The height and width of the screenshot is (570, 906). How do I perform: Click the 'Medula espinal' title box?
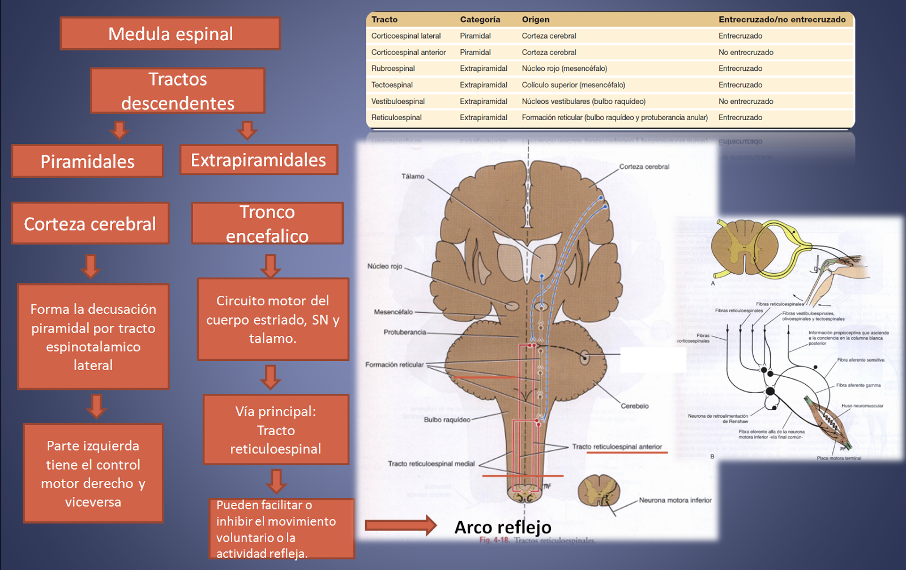point(170,34)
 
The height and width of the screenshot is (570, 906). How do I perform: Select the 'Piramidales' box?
point(87,161)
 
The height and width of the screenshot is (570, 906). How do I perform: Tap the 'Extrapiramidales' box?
point(258,160)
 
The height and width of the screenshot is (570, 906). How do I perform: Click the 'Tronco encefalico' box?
point(267,224)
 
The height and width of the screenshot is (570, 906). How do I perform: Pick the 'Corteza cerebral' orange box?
point(90,224)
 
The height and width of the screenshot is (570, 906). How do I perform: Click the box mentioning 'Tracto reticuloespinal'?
point(276,430)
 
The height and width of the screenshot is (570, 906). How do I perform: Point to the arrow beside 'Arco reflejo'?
point(400,525)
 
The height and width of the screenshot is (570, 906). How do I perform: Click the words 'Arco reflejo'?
point(503,528)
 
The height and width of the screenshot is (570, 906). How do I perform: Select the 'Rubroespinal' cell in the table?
point(393,69)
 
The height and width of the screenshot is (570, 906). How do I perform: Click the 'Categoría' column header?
point(480,19)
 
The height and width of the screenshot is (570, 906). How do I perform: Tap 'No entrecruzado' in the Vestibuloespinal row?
point(746,101)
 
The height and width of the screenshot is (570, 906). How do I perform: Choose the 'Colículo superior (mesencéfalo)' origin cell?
point(573,85)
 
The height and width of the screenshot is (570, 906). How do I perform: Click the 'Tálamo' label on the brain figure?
point(413,176)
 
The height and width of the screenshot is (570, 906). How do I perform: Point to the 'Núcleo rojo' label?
point(384,266)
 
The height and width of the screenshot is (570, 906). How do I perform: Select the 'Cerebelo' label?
point(634,406)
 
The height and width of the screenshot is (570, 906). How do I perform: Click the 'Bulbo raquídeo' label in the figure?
point(447,420)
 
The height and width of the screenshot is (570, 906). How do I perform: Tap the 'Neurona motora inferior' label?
point(675,500)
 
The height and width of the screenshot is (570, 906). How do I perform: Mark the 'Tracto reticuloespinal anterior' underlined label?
point(617,446)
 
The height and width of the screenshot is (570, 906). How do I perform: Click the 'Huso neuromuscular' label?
point(862,406)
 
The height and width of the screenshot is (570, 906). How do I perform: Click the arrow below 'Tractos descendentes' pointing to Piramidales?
point(119,130)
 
